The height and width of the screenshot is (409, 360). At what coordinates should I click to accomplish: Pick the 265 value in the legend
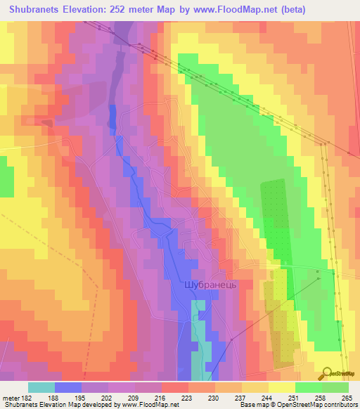pos(348,397)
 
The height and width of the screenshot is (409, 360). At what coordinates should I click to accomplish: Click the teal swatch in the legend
pos(41,387)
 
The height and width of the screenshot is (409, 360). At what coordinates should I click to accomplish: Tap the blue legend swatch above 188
pos(67,387)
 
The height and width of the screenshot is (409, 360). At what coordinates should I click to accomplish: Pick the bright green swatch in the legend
pos(308,387)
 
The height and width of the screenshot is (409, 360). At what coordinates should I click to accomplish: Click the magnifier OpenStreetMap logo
pos(328,373)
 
